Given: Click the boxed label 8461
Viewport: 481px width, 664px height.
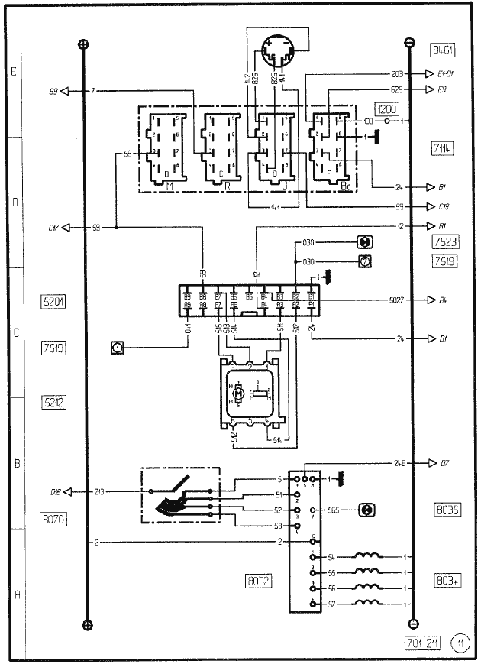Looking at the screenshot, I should (x=443, y=52).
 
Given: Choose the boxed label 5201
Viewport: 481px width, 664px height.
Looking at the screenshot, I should (x=53, y=302).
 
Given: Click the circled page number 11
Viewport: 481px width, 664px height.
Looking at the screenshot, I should (x=461, y=643).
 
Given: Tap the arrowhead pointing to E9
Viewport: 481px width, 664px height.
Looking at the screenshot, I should (x=430, y=89).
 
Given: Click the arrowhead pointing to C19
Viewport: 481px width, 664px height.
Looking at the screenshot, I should (x=430, y=206).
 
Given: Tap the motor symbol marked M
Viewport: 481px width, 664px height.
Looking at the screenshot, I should (x=238, y=393).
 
